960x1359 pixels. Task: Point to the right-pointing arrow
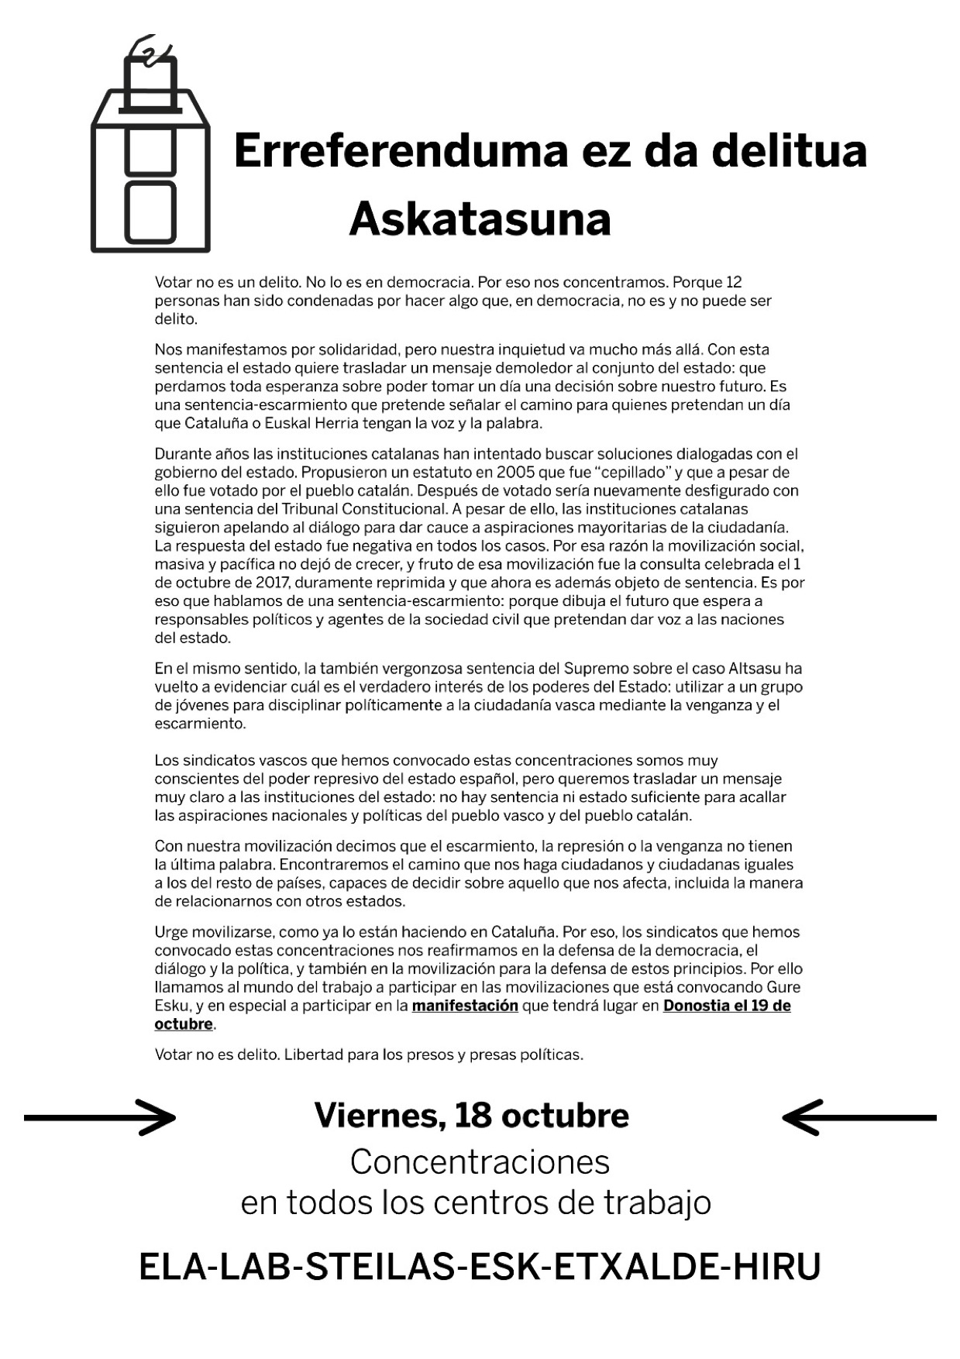[101, 1117]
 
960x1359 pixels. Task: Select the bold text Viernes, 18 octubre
[471, 1116]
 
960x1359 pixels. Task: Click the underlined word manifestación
[465, 1006]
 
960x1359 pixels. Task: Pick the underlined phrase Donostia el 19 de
[727, 1006]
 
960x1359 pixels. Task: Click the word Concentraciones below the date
[480, 1161]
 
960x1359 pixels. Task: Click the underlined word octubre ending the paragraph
[184, 1024]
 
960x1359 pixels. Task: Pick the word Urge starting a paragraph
[170, 932]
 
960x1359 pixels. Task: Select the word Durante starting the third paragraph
[182, 453]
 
